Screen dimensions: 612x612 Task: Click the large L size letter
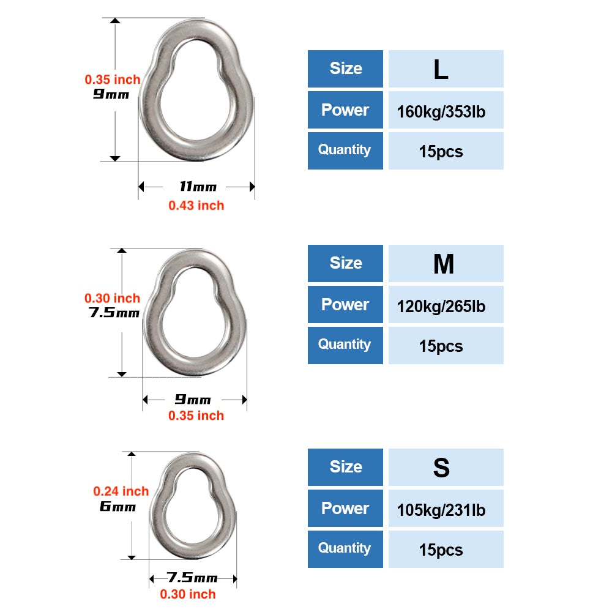441,70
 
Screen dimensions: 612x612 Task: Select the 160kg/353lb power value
441,112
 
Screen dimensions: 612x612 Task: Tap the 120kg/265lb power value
441,307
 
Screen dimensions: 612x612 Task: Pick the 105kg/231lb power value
441,510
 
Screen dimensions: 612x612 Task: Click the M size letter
444,264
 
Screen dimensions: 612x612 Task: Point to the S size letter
441,468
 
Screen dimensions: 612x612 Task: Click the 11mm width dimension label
198,187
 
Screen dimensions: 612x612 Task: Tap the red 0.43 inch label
196,205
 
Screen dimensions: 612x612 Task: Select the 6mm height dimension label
118,507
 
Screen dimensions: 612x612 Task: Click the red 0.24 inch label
121,491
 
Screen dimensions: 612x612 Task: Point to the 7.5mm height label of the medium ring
114,313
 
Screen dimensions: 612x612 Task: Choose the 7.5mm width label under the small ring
192,577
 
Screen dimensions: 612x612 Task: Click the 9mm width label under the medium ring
193,399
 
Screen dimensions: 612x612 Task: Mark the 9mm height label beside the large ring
111,94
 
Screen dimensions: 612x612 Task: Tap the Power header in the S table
345,509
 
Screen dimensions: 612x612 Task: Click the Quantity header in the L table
344,150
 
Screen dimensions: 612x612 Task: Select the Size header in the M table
346,263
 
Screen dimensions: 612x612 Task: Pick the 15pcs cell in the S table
441,550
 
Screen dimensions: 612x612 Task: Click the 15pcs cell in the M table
441,346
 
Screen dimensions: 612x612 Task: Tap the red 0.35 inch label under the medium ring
196,416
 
